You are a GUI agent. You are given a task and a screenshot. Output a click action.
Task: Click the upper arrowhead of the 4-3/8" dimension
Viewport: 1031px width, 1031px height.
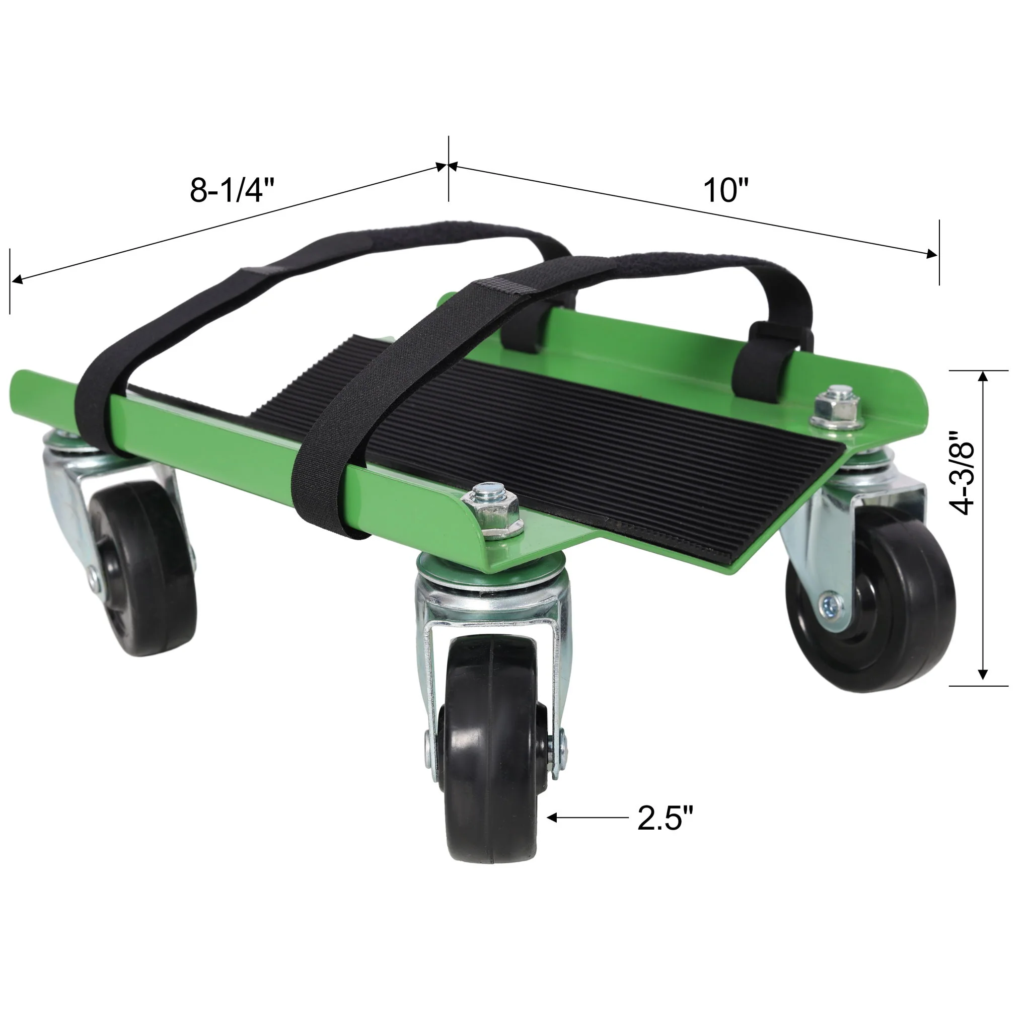[984, 377]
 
